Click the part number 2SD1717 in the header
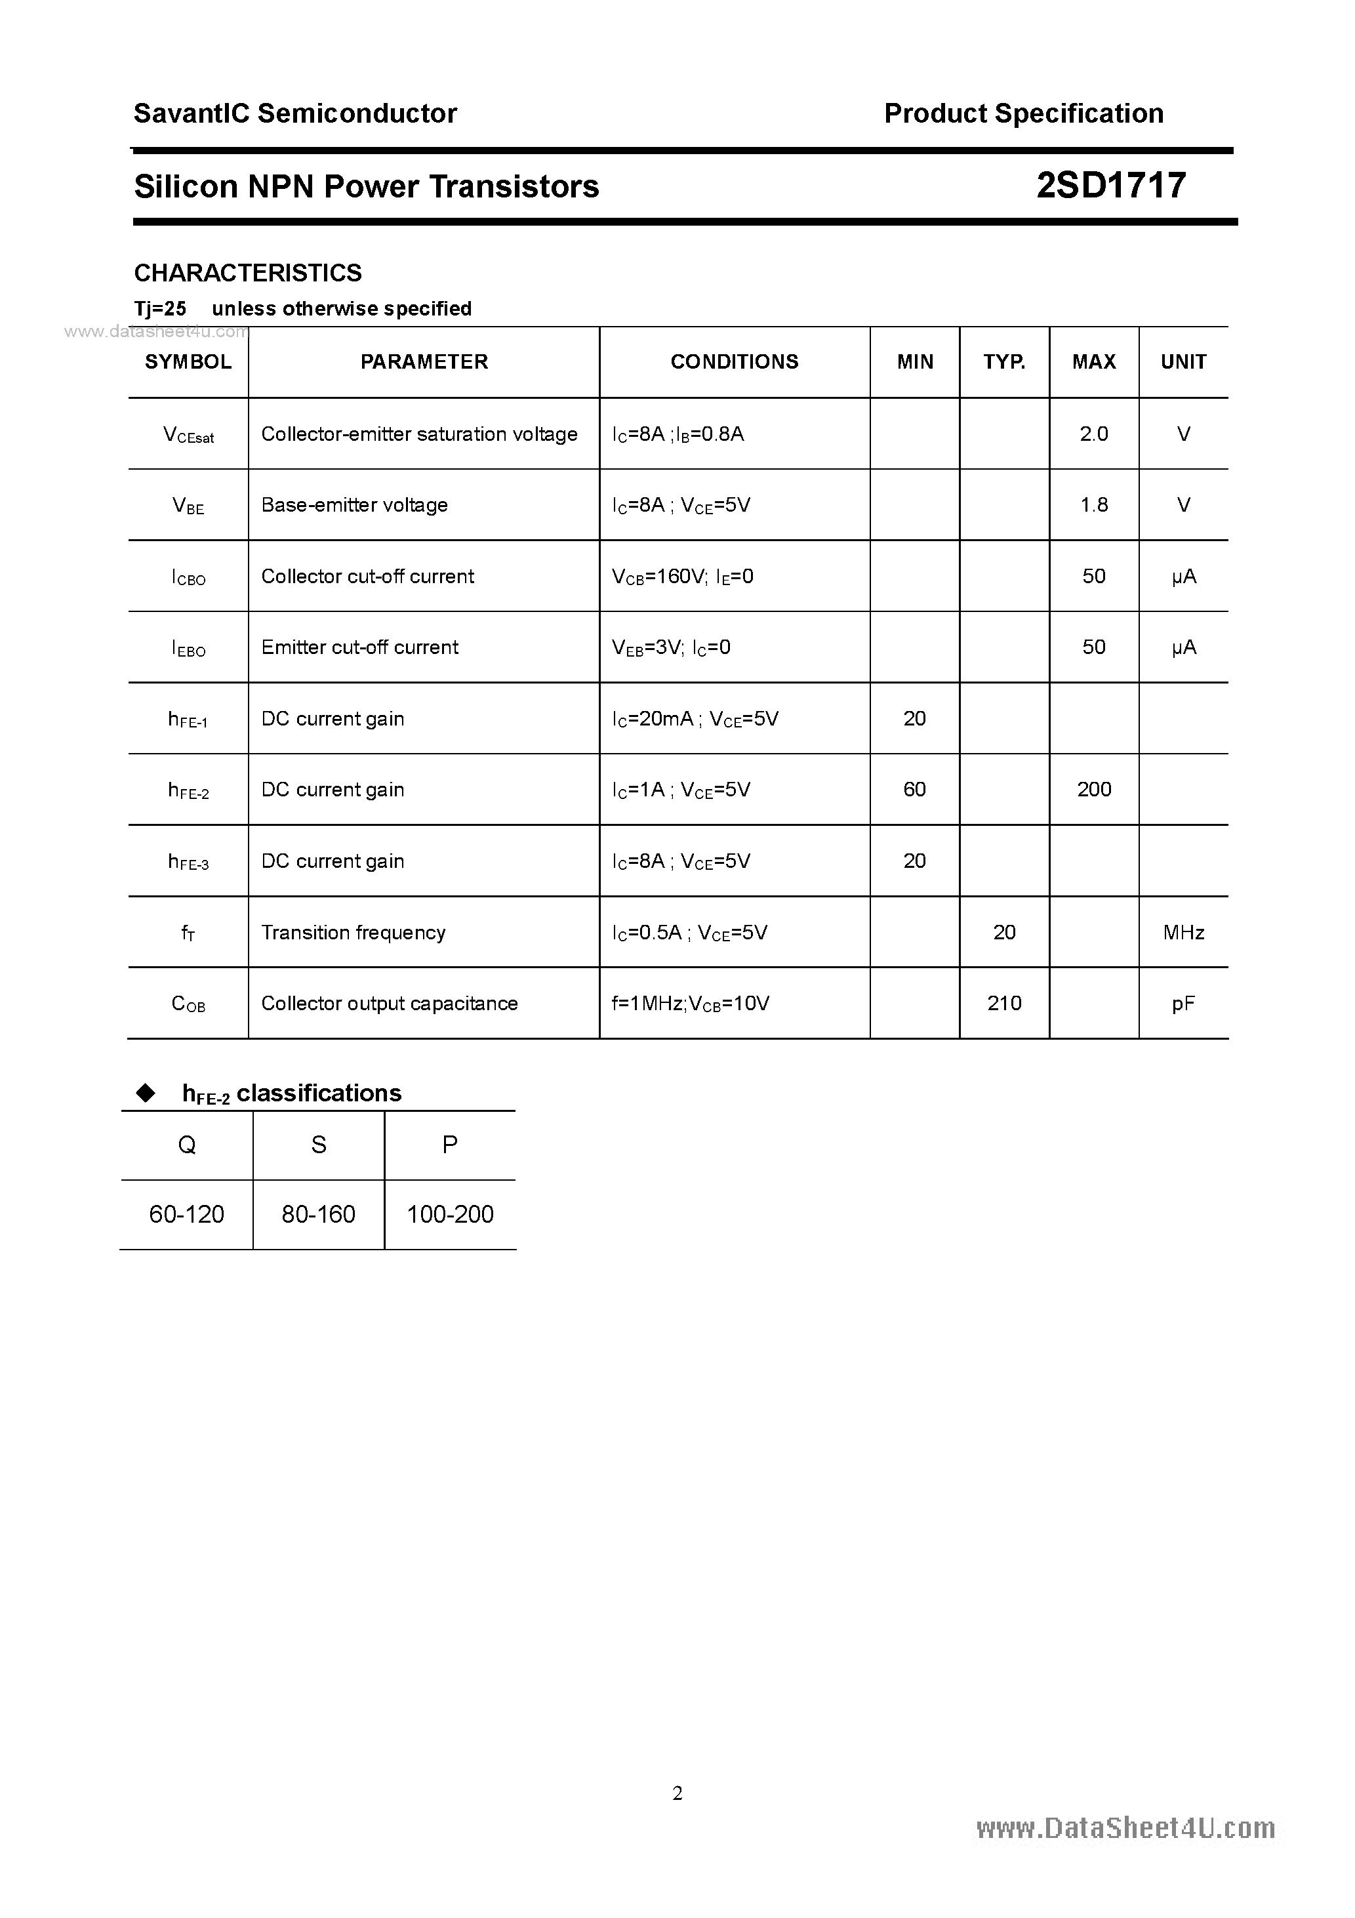coord(1110,186)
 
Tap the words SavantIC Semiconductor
coord(295,113)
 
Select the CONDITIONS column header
coord(735,361)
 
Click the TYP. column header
coord(1004,361)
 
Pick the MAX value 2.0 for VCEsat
coord(1093,434)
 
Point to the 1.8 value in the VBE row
coord(1093,504)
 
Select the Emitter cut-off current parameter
coord(359,647)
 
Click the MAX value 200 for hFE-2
coord(1093,789)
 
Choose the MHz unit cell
coord(1183,932)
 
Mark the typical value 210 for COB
coord(1004,1003)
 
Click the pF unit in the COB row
coord(1183,1003)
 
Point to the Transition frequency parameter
coord(353,932)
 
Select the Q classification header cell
coord(187,1145)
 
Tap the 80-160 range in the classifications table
coord(318,1214)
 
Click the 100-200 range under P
coord(451,1214)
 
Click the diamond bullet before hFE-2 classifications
coord(146,1093)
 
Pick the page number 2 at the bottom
coord(677,1793)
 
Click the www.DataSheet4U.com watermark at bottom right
coord(1125,1829)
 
